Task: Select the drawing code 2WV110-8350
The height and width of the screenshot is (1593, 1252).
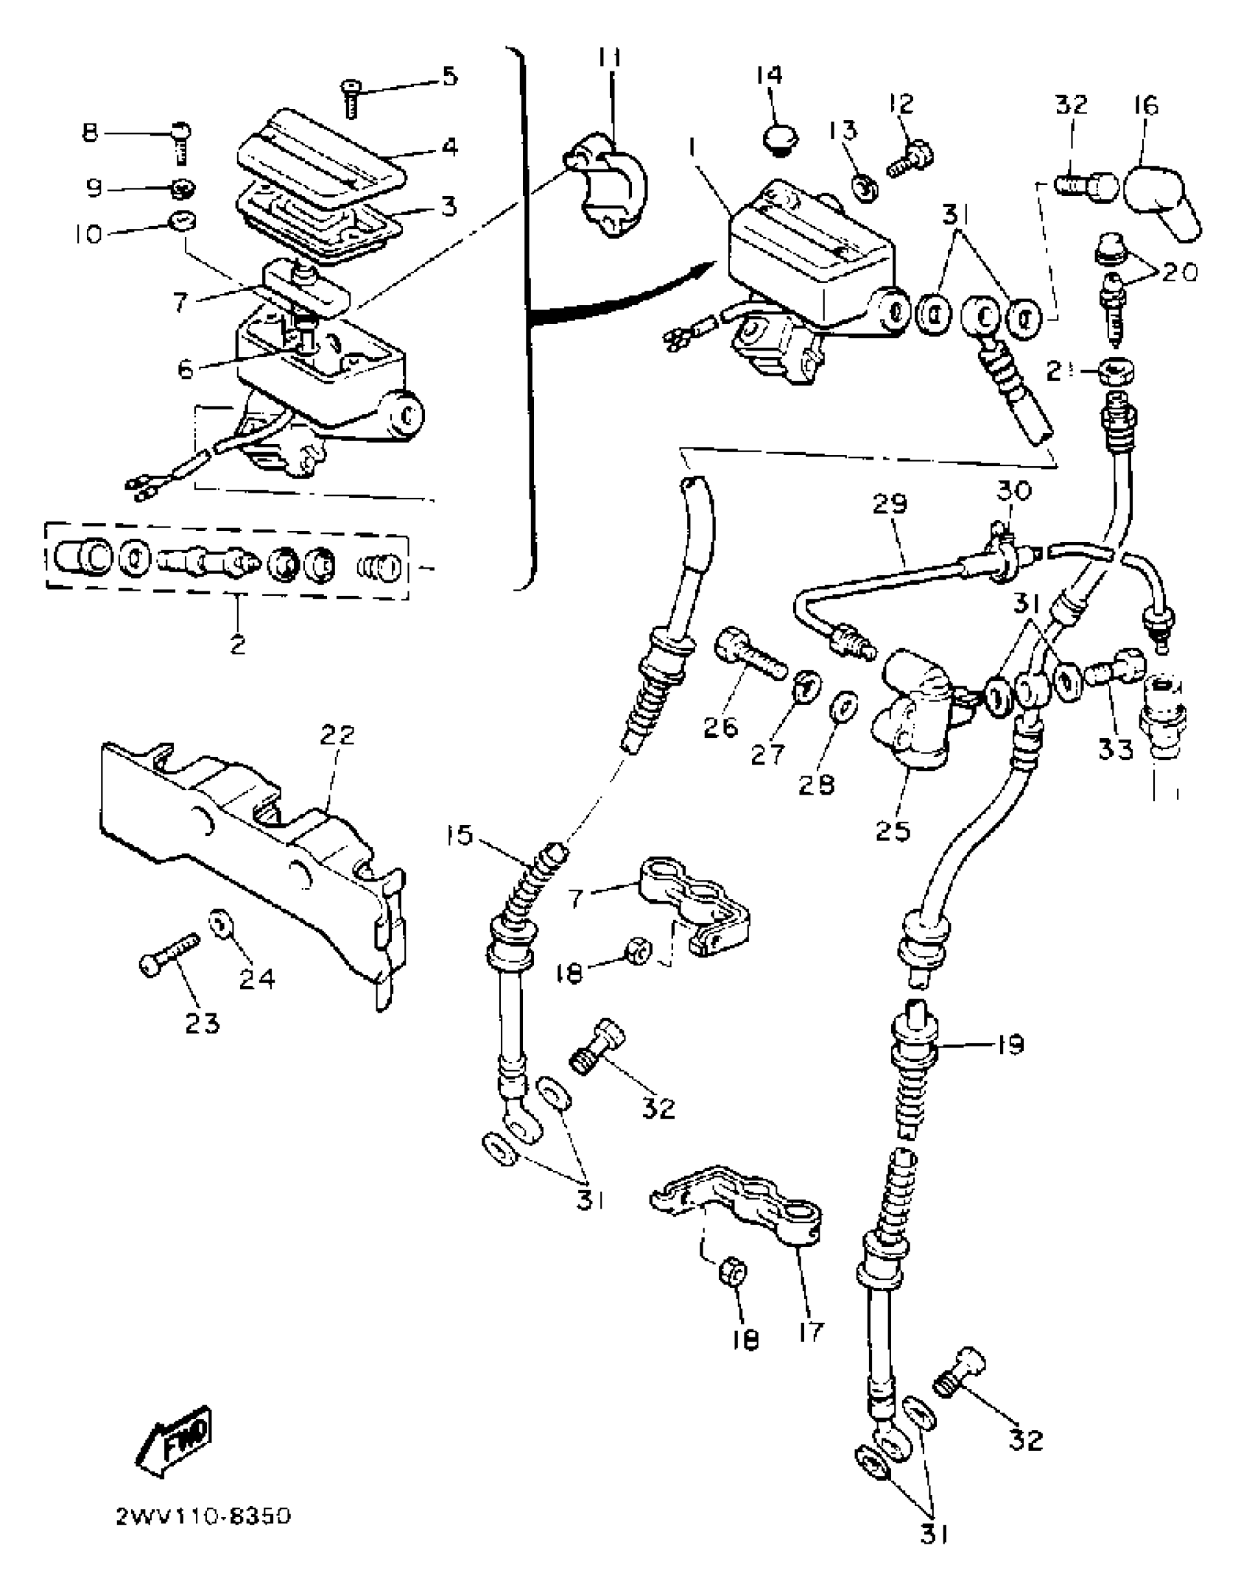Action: coord(203,1516)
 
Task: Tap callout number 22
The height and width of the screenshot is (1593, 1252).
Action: coord(337,735)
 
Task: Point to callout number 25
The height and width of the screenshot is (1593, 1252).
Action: coord(893,831)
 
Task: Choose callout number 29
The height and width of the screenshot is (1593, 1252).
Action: coord(890,504)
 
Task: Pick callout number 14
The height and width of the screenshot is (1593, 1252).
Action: coord(770,76)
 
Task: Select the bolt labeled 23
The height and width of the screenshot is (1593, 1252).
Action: coord(169,955)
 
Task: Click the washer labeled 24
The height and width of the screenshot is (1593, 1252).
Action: coord(219,923)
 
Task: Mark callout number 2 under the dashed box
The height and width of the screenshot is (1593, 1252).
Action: coord(237,644)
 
